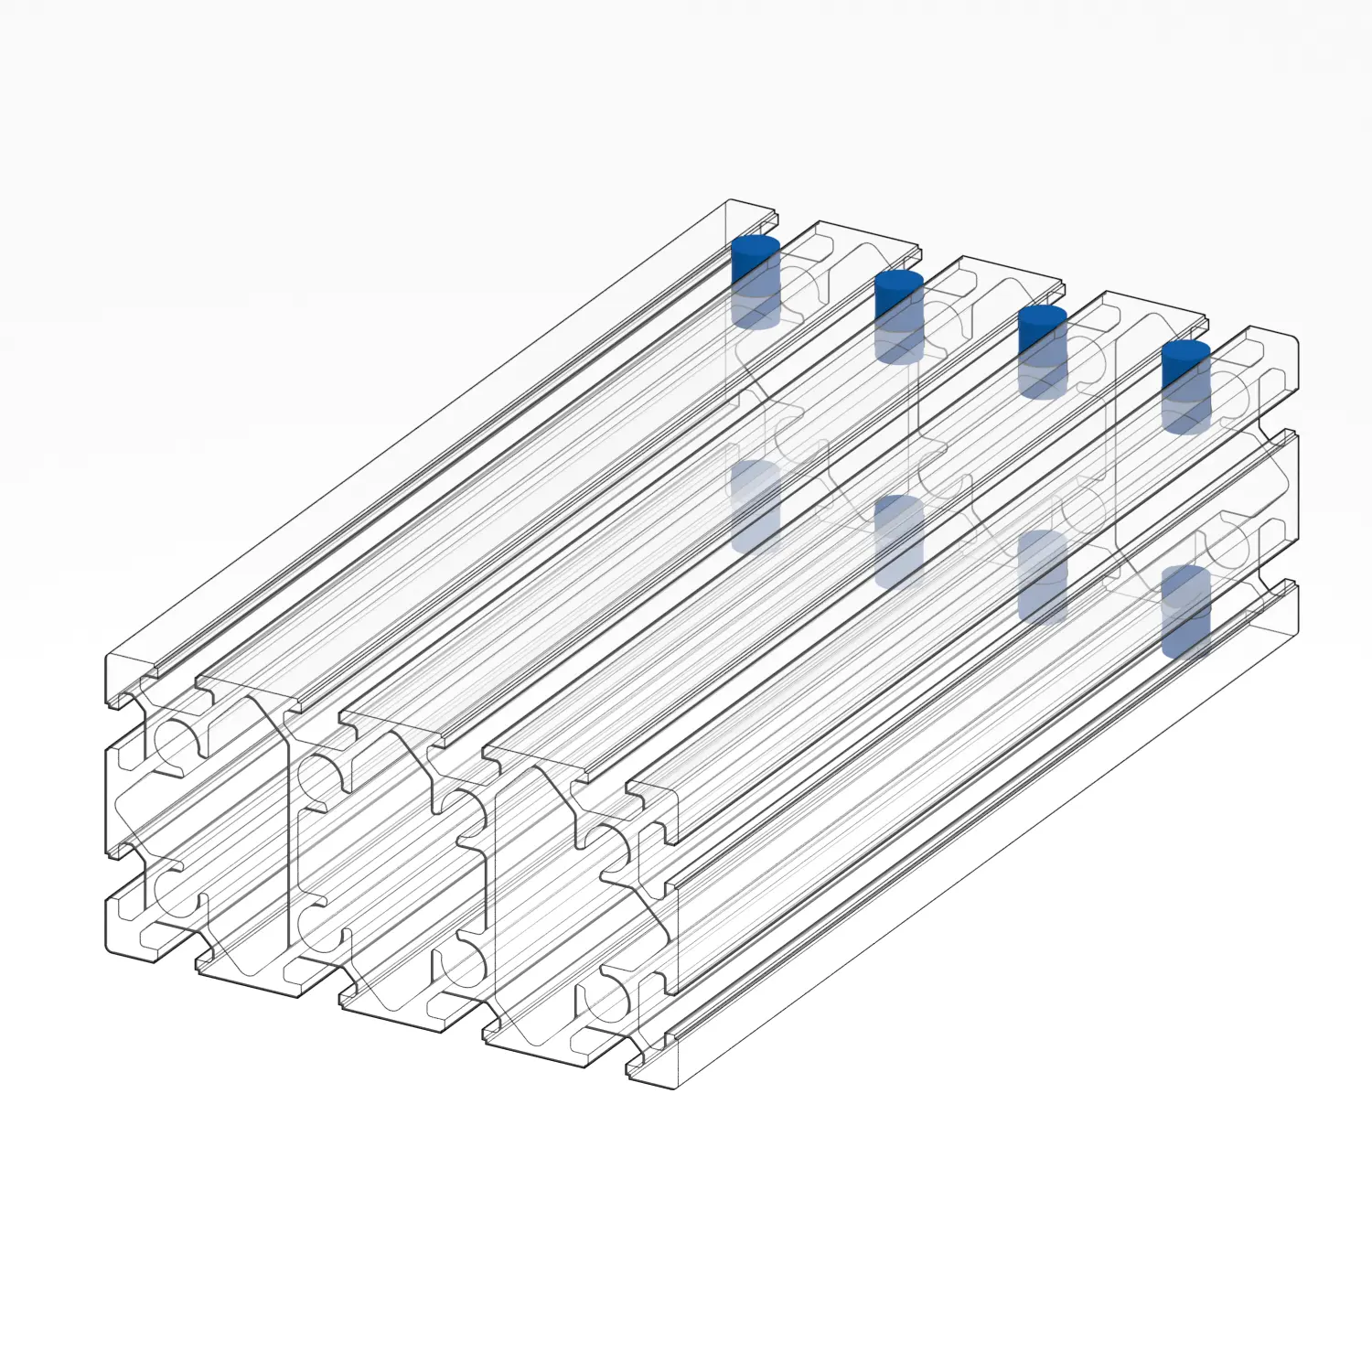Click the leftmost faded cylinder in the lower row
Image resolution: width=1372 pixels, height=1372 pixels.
(756, 506)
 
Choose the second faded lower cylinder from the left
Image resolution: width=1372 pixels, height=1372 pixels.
(899, 541)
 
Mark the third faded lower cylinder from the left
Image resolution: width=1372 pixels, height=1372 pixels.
(1042, 576)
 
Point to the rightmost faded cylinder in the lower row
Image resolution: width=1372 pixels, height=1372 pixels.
(1185, 611)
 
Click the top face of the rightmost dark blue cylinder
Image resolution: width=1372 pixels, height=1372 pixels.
(1185, 350)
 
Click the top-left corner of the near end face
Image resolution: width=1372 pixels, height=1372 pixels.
(108, 657)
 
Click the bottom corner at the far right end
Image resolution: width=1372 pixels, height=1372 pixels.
(1298, 631)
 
